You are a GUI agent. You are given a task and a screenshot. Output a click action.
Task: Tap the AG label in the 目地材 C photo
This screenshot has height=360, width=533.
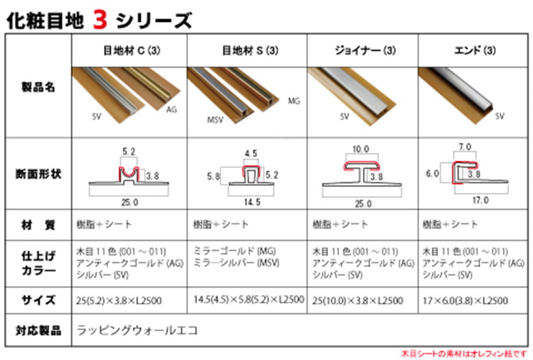[172, 109]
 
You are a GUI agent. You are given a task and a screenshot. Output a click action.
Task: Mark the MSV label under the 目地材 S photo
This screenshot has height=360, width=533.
[215, 120]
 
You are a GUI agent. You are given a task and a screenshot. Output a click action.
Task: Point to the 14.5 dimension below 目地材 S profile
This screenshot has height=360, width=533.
[251, 202]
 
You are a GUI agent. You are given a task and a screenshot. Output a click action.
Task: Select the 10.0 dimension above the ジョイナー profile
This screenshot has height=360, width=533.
[360, 149]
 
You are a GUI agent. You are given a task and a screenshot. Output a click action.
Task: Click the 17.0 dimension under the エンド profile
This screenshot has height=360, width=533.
[480, 200]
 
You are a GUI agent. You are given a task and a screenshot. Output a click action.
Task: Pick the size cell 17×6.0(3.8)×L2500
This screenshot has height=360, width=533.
[465, 300]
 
